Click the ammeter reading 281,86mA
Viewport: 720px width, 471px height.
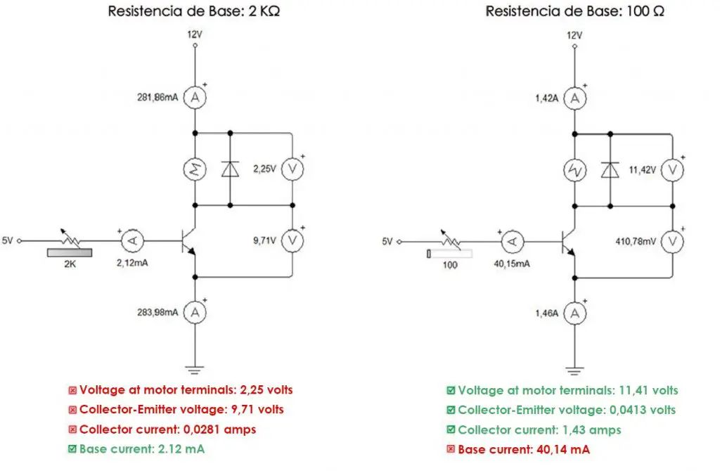pos(195,99)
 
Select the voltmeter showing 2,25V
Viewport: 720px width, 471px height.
pos(292,169)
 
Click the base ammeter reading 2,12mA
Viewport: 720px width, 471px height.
pos(130,241)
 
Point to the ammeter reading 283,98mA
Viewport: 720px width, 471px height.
pos(195,311)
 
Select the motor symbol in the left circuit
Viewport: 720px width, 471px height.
pos(195,169)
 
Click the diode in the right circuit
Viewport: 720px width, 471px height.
pos(610,169)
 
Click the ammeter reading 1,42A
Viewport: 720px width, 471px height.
pos(575,99)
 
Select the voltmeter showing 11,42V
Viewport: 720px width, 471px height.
pos(672,169)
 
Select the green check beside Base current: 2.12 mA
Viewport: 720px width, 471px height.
pos(72,449)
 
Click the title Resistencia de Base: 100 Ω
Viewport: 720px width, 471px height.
pos(574,12)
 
